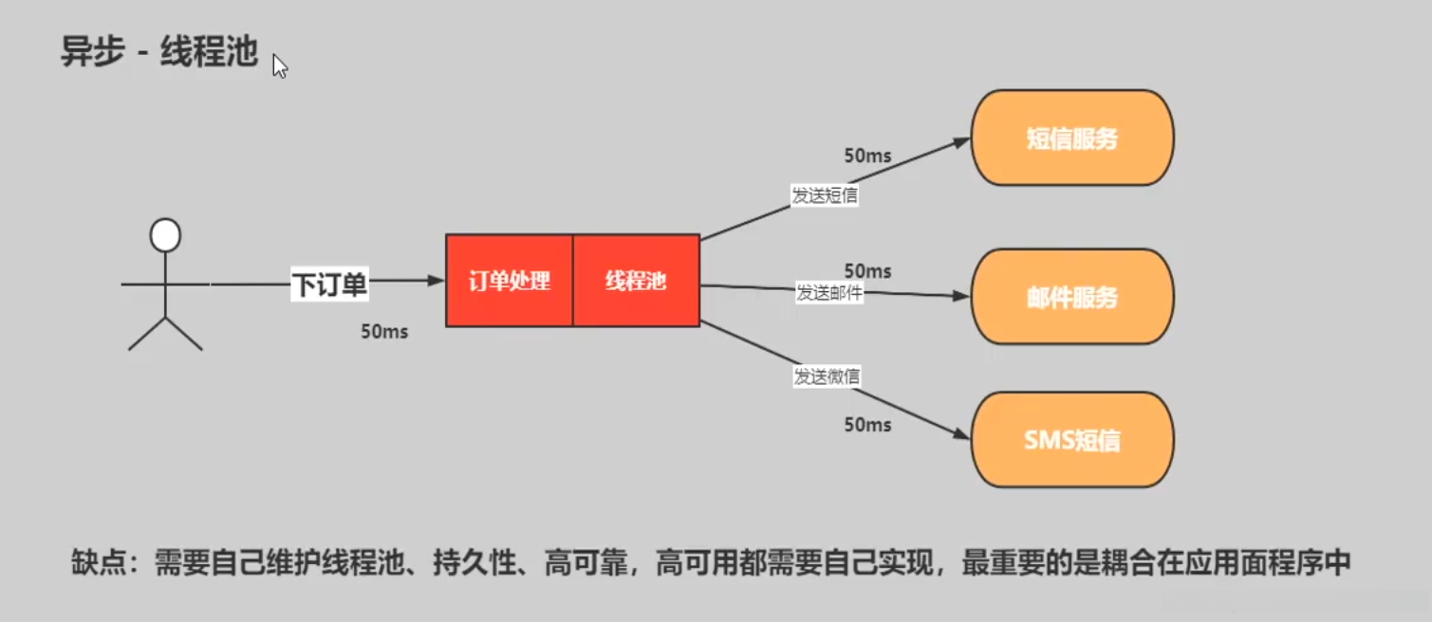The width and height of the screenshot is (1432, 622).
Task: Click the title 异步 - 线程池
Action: (x=159, y=52)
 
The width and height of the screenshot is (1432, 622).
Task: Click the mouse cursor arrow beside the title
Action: (x=279, y=66)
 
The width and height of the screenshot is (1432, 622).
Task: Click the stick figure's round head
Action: (x=165, y=235)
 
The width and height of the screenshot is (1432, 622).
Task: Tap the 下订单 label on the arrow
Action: (x=328, y=284)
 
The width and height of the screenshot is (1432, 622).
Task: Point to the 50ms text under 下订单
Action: (x=384, y=332)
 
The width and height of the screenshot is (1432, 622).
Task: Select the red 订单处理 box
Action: (x=510, y=282)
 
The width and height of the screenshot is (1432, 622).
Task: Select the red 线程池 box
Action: (x=636, y=282)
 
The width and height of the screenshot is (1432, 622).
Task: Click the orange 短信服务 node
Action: (x=1071, y=138)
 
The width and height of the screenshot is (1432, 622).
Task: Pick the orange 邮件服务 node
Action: (x=1071, y=298)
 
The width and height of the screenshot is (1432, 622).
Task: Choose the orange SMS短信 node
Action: (x=1071, y=440)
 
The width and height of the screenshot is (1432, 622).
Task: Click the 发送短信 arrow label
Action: (x=826, y=196)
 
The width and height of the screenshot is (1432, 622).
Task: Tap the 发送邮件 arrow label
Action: (x=828, y=293)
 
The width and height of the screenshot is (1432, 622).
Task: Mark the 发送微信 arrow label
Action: (x=827, y=376)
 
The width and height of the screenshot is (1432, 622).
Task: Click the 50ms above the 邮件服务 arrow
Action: (x=867, y=271)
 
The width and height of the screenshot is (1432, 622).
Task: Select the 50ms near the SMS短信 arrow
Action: (x=867, y=425)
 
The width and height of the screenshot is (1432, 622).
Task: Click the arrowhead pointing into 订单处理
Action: (x=437, y=281)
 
